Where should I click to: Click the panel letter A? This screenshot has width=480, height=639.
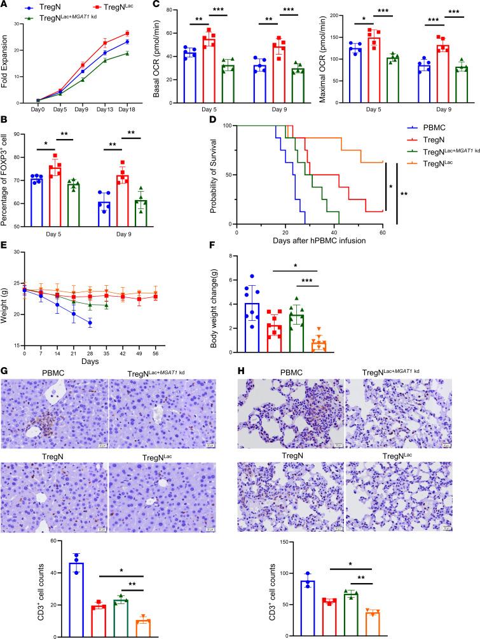point(5,4)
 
